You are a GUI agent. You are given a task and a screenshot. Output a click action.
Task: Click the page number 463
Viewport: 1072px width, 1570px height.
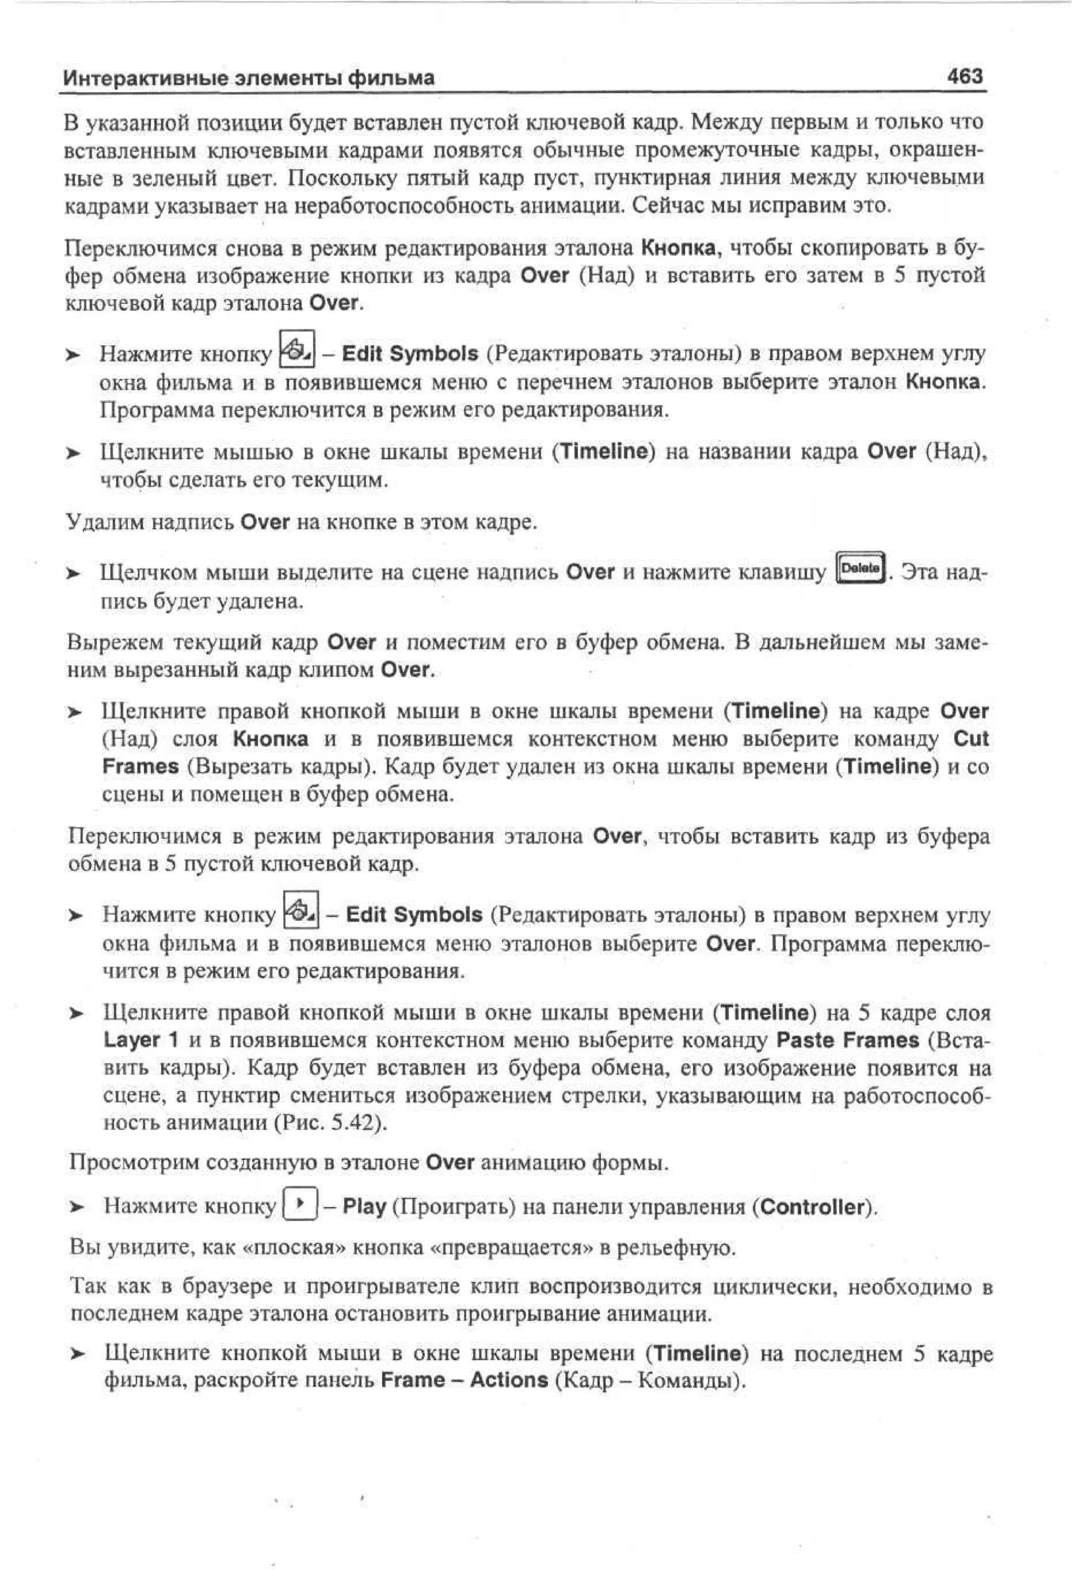pos(965,76)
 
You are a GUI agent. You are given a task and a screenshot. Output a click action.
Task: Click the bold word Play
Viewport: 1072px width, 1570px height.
pos(364,1206)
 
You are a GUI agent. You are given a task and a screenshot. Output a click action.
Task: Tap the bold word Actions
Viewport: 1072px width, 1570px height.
pos(509,1380)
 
